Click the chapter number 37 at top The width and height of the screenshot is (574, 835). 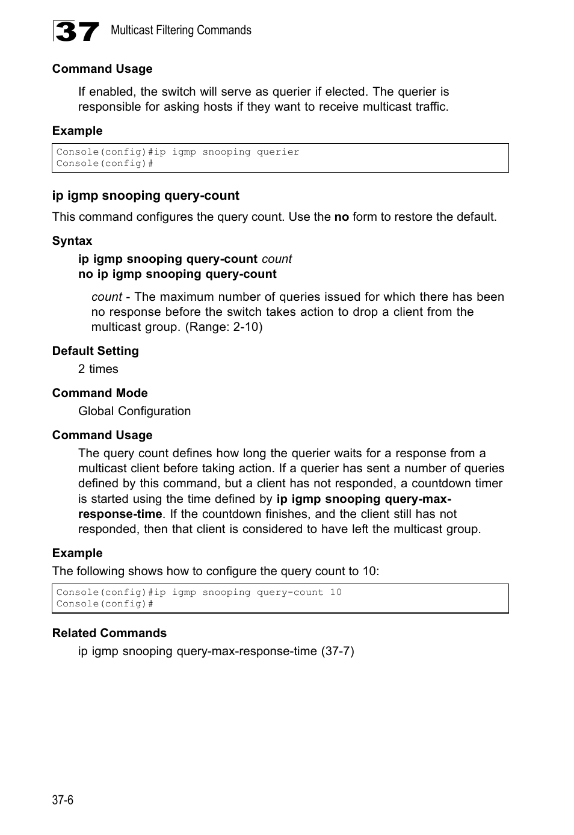[76, 31]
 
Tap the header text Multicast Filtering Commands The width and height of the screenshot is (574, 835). [181, 30]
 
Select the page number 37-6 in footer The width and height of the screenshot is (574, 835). [63, 800]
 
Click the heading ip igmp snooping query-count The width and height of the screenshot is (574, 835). [146, 196]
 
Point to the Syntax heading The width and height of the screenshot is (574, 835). [72, 241]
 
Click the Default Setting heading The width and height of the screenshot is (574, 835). [95, 351]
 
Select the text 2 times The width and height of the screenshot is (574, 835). [98, 369]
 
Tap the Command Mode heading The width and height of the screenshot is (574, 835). [100, 393]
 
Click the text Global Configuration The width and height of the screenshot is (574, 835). [134, 411]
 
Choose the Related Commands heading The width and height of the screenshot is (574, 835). [109, 633]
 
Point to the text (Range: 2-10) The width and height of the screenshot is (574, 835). [224, 327]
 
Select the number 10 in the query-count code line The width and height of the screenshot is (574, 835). [335, 592]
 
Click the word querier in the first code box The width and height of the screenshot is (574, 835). [278, 152]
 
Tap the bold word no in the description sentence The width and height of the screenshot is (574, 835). [341, 217]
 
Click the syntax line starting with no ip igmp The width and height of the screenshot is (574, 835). [177, 274]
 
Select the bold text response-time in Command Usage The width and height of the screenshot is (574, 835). [120, 514]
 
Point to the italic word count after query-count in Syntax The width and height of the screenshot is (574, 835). [277, 259]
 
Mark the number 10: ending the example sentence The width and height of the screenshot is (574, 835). [371, 571]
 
